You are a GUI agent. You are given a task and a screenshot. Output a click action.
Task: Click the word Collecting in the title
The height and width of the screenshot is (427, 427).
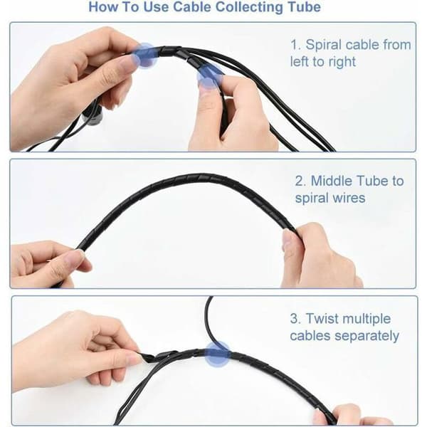[x=249, y=7]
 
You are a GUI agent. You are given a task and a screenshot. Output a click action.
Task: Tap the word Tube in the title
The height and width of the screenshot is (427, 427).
[x=305, y=6]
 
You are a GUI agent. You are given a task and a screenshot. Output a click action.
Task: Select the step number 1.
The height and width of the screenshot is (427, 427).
[x=296, y=45]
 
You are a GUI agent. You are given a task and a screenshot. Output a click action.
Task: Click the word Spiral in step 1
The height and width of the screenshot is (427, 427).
[x=323, y=46]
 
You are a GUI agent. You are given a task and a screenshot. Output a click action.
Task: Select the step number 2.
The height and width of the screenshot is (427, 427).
[x=301, y=181]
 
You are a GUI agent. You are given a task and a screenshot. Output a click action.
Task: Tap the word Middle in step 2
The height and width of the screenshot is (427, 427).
[x=331, y=181]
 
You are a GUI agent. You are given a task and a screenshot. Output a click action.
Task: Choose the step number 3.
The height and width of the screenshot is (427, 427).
[x=296, y=318]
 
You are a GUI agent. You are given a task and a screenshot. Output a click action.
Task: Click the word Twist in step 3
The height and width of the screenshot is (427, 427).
[x=322, y=318]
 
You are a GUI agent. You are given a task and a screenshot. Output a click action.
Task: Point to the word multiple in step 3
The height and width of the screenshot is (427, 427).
[x=366, y=319]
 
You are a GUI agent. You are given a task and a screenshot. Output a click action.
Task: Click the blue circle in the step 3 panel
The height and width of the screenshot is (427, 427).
[x=217, y=354]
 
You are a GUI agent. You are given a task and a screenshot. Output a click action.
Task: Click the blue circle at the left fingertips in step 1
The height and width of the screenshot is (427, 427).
[x=145, y=56]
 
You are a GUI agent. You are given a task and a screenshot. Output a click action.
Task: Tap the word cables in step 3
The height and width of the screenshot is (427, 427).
[x=310, y=335]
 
